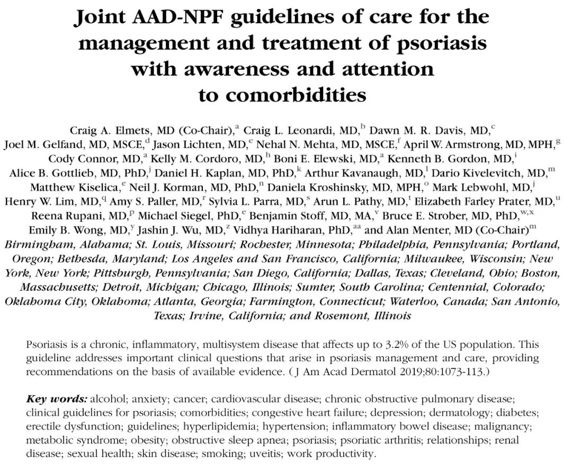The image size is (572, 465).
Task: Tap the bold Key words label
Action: click(57, 398)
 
